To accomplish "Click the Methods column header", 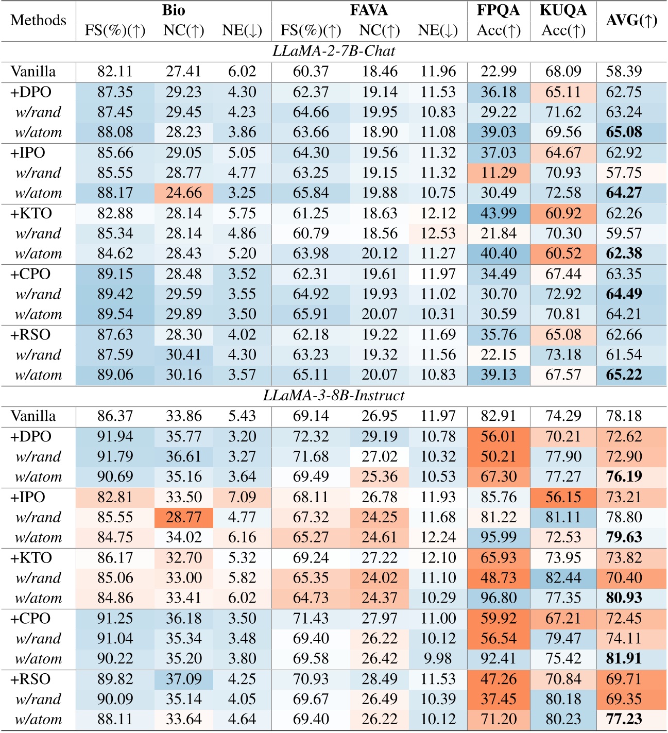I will pos(38,21).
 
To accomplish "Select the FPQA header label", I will pos(499,10).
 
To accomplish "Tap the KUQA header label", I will pos(563,10).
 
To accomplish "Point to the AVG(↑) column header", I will pos(631,21).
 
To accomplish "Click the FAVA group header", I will pos(369,10).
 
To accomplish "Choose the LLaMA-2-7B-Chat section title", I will pos(334,52).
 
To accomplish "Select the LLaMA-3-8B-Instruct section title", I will pos(334,396).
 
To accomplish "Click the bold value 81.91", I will pos(624,659).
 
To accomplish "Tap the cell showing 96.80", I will pos(499,598).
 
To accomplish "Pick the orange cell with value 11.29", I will pos(499,173).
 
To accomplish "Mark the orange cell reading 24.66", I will pos(184,193).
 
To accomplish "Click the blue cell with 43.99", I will pos(499,213).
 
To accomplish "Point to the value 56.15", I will pos(563,498).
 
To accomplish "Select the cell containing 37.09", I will pos(184,679).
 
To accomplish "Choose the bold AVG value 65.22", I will pos(624,375).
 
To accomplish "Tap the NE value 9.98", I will pos(438,659).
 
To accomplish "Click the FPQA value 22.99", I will pos(499,72).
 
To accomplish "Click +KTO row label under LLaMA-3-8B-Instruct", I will pos(31,558).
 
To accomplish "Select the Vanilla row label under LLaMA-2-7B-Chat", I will pos(33,72).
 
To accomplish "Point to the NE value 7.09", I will pos(242,498).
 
